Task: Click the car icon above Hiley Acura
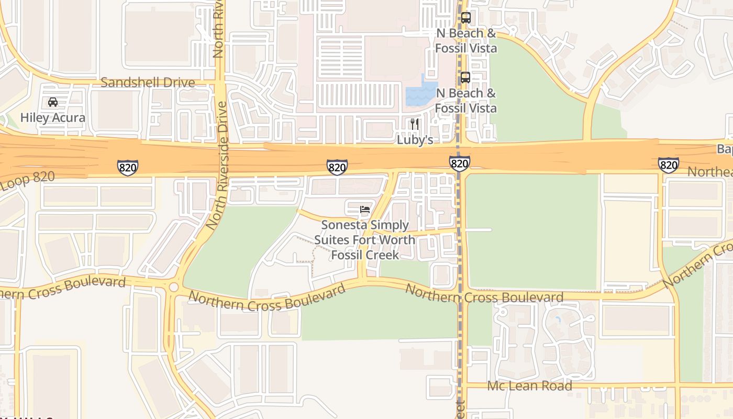click(x=53, y=102)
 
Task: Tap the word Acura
click(x=69, y=118)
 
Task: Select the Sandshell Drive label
click(x=148, y=82)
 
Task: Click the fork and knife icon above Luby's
click(x=415, y=124)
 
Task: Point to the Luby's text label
click(x=415, y=140)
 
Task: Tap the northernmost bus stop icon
click(x=465, y=18)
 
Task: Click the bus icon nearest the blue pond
click(x=465, y=78)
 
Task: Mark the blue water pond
click(x=420, y=93)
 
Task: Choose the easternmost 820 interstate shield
click(x=669, y=164)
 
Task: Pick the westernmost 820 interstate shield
click(x=127, y=168)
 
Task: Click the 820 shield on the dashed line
click(x=459, y=163)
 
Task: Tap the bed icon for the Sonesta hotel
click(x=365, y=210)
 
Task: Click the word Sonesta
click(x=343, y=225)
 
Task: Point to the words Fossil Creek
click(x=365, y=255)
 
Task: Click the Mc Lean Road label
click(x=529, y=386)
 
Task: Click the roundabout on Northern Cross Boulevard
click(x=173, y=287)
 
